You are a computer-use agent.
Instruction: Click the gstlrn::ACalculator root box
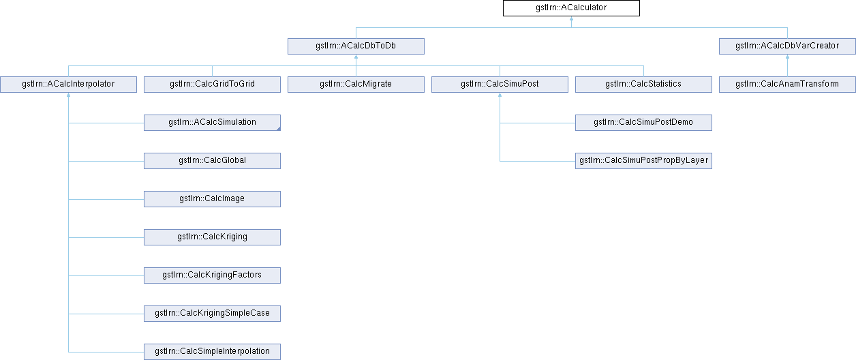pyautogui.click(x=571, y=8)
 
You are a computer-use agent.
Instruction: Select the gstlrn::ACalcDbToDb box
pyautogui.click(x=356, y=46)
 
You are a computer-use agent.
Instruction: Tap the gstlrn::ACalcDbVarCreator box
pyautogui.click(x=787, y=46)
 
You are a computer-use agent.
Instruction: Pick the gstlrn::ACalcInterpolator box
pyautogui.click(x=68, y=85)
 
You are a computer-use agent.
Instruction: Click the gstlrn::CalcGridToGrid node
pyautogui.click(x=212, y=85)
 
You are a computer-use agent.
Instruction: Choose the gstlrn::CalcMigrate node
pyautogui.click(x=356, y=85)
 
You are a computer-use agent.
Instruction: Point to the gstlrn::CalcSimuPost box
pyautogui.click(x=500, y=85)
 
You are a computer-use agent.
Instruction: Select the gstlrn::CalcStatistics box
pyautogui.click(x=643, y=85)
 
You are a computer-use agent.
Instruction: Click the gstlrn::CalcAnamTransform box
pyautogui.click(x=787, y=85)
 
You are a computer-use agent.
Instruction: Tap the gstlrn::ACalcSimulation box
pyautogui.click(x=212, y=123)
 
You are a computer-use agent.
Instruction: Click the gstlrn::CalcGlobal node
pyautogui.click(x=212, y=161)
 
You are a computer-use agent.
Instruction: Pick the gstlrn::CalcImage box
pyautogui.click(x=212, y=199)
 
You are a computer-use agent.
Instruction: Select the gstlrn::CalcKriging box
pyautogui.click(x=212, y=237)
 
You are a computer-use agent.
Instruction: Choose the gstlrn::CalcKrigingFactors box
pyautogui.click(x=212, y=275)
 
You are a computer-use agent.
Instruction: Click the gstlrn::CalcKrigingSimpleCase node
pyautogui.click(x=212, y=314)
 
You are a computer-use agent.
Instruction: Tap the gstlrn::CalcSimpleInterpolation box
pyautogui.click(x=212, y=352)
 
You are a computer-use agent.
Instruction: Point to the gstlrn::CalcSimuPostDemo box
pyautogui.click(x=643, y=123)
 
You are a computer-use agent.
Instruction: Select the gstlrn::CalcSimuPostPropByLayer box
pyautogui.click(x=643, y=161)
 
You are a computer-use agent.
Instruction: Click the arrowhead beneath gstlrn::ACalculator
pyautogui.click(x=571, y=18)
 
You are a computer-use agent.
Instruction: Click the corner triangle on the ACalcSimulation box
pyautogui.click(x=279, y=129)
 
